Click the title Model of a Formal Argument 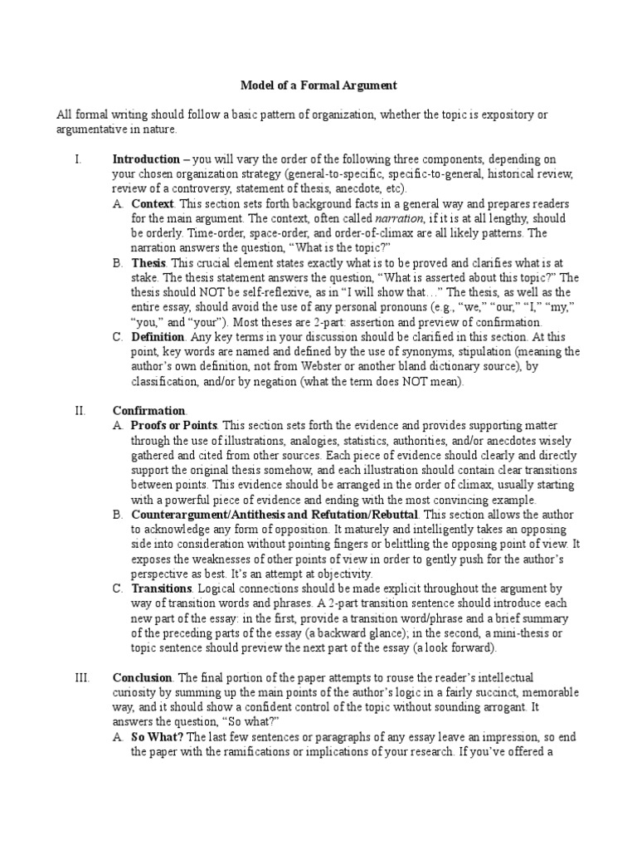coord(319,85)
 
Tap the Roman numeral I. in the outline coord(77,159)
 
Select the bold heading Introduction coord(146,159)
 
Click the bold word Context coord(153,203)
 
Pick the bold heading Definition coord(158,337)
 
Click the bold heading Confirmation coord(149,410)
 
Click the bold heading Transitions coord(162,589)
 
